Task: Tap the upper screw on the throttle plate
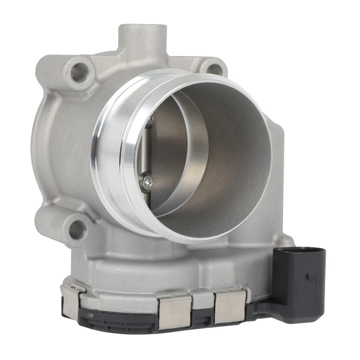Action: (151, 119)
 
